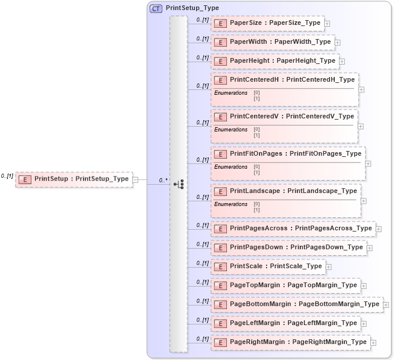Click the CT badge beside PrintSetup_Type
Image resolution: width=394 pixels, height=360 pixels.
(x=156, y=8)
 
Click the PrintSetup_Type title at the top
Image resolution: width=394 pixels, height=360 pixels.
(x=192, y=8)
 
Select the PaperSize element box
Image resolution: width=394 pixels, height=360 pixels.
(x=267, y=23)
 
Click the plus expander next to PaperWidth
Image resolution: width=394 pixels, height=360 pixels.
(x=337, y=43)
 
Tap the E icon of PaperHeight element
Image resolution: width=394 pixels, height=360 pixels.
(x=220, y=61)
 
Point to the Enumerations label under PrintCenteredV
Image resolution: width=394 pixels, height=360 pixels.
(x=230, y=130)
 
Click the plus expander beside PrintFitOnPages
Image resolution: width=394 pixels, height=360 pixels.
(x=368, y=163)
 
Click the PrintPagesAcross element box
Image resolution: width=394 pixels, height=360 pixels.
(x=293, y=229)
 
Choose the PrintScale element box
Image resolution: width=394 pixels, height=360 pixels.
(x=268, y=266)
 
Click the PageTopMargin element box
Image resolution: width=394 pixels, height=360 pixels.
(x=286, y=285)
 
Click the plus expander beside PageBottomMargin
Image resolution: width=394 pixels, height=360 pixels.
(x=386, y=305)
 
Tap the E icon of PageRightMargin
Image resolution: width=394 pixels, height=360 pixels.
(x=220, y=342)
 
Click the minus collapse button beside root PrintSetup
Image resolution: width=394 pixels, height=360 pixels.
(x=136, y=179)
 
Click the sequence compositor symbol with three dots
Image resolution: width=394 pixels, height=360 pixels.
(x=179, y=185)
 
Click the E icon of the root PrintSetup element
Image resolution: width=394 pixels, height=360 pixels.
(x=25, y=179)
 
